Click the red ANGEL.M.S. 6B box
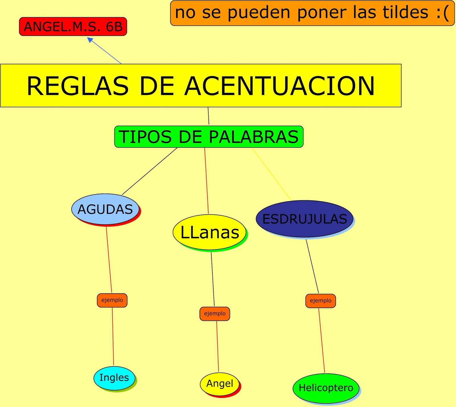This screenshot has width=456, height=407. click(x=73, y=27)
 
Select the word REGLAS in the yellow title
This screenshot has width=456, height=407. click(x=78, y=86)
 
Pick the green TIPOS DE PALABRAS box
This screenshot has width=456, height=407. click(x=209, y=137)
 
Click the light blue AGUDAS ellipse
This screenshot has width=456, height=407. click(x=105, y=209)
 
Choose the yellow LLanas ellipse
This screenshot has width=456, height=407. click(x=209, y=232)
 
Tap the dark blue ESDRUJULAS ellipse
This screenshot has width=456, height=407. click(x=304, y=219)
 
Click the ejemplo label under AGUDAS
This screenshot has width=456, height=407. click(x=112, y=300)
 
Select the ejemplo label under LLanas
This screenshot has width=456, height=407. click(x=215, y=314)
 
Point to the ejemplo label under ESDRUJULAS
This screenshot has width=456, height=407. click(x=320, y=301)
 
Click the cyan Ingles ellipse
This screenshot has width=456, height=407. click(x=114, y=378)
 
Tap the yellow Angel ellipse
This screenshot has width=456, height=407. click(x=219, y=384)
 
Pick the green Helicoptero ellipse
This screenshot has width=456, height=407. click(x=326, y=388)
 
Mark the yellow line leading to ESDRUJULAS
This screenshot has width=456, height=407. click(x=271, y=174)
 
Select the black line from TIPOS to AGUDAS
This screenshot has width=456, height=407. click(x=150, y=171)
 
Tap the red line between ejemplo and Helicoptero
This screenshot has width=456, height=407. click(x=322, y=341)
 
